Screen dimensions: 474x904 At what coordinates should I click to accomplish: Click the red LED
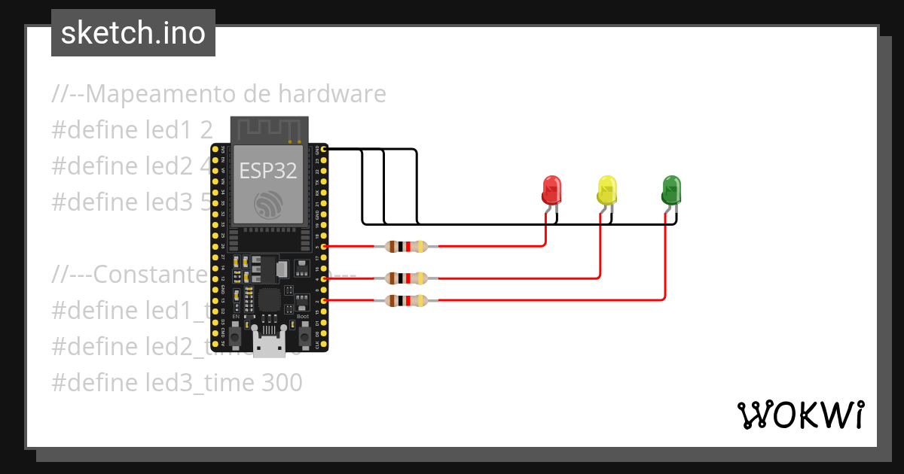click(x=551, y=190)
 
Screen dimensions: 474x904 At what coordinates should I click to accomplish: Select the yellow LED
click(x=606, y=190)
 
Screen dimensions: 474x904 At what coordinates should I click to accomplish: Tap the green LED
click(x=670, y=190)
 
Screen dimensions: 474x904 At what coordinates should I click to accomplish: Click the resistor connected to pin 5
click(x=406, y=246)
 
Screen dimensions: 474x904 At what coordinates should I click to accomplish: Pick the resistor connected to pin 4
click(x=406, y=278)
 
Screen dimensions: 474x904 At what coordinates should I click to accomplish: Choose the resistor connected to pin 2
click(x=406, y=301)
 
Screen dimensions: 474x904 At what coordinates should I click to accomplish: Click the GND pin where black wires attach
click(x=324, y=150)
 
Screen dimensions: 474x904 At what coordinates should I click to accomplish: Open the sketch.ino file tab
click(x=133, y=33)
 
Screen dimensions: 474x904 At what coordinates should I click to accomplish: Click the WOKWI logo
click(x=800, y=415)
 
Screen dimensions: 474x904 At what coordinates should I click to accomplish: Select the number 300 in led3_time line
click(x=282, y=383)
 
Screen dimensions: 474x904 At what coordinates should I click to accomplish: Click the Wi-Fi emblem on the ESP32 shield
click(x=269, y=205)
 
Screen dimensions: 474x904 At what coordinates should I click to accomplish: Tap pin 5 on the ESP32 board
click(x=324, y=246)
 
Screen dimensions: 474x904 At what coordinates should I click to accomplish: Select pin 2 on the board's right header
click(x=324, y=301)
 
